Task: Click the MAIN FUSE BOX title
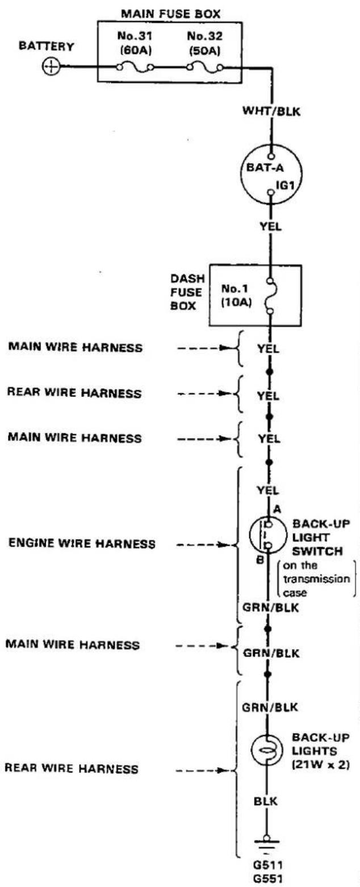click(x=170, y=14)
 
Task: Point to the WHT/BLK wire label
click(x=271, y=111)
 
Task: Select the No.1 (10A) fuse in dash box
click(x=270, y=297)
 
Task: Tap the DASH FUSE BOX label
click(x=187, y=292)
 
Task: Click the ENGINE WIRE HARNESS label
click(x=82, y=543)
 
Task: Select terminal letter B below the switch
click(x=260, y=560)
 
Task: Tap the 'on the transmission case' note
click(x=316, y=579)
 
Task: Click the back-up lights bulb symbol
click(x=266, y=750)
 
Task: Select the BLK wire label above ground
click(x=265, y=801)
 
